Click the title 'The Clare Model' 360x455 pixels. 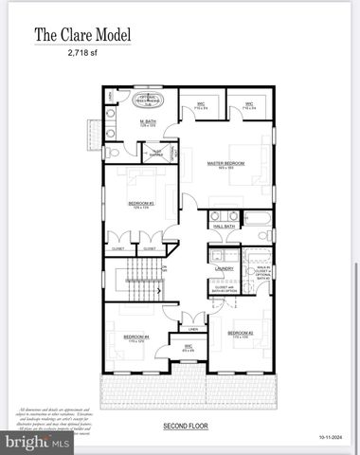point(82,36)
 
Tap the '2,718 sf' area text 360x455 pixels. point(83,55)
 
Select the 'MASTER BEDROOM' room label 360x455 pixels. point(225,164)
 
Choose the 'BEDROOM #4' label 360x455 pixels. point(136,337)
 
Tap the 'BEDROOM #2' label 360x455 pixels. point(240,334)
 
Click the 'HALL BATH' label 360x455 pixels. point(224,227)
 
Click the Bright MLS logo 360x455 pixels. point(38,442)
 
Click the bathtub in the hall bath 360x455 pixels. point(258,230)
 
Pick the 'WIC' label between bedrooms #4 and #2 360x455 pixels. point(188,347)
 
